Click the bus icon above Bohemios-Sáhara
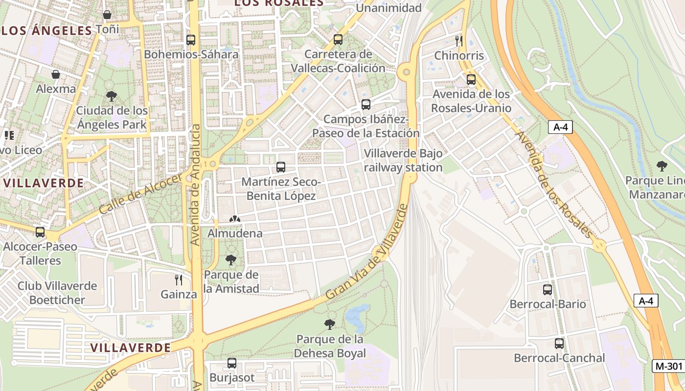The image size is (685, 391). point(191,40)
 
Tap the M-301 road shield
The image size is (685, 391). point(668,366)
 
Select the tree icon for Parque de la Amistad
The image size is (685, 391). point(231,260)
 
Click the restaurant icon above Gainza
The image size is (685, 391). point(179,280)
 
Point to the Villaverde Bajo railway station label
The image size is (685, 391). point(403,160)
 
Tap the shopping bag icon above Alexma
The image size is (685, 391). point(56,74)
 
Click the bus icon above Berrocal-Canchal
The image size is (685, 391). point(559,343)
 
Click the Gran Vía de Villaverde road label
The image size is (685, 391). point(367,253)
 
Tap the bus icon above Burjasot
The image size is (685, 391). point(232,363)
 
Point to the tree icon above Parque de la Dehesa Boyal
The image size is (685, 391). point(330,324)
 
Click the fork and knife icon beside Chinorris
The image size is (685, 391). point(459,41)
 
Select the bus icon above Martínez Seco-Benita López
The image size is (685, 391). point(281,167)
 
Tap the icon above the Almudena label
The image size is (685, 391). point(235,219)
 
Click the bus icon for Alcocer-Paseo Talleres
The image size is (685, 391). point(40,232)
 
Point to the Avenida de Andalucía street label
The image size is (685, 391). point(196,185)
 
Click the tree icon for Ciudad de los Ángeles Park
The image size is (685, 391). point(112,96)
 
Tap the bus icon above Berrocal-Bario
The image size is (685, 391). point(548,289)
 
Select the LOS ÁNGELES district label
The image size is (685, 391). point(46,31)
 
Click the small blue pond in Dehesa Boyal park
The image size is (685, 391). point(357,317)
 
